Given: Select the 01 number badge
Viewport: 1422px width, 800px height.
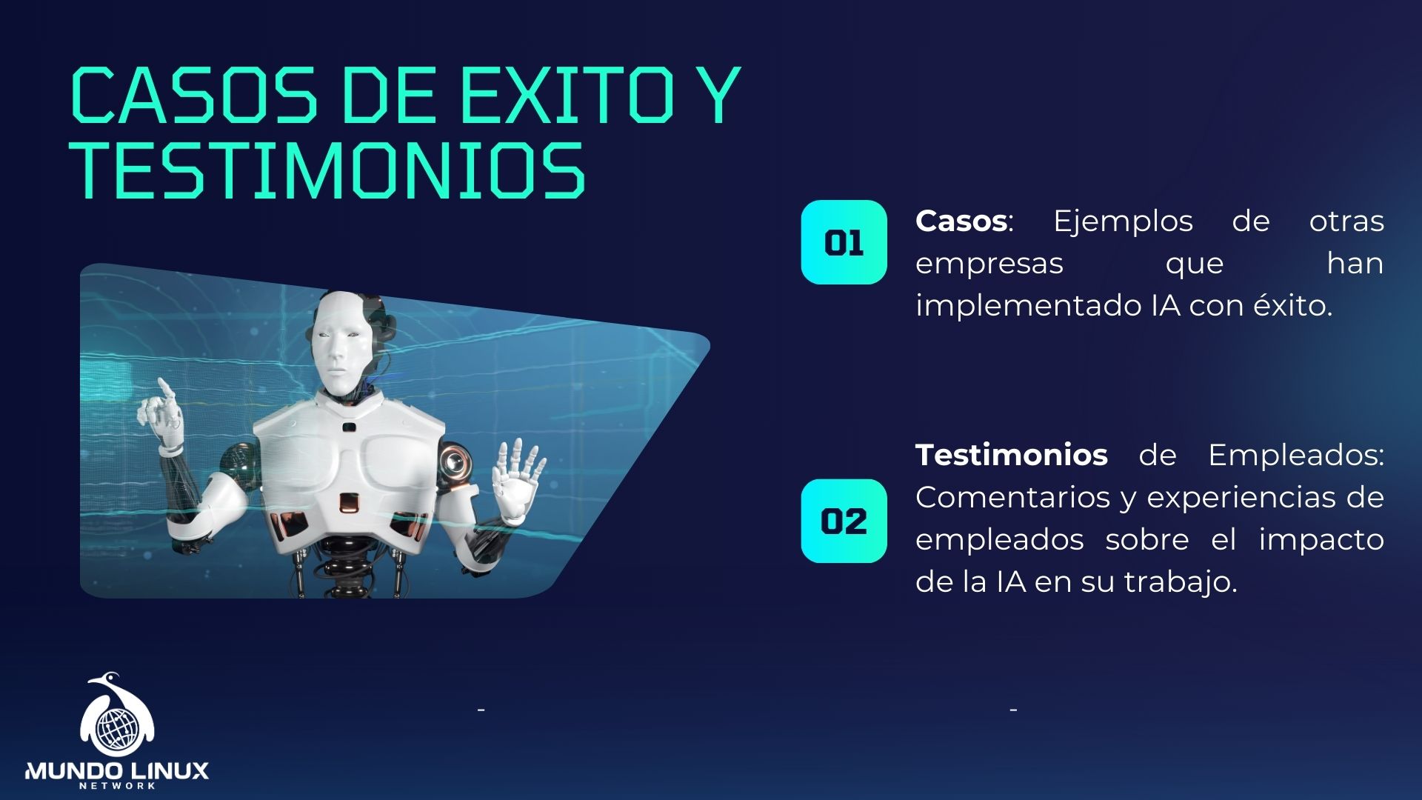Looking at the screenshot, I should [844, 242].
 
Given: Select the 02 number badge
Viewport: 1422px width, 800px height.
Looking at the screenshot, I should [844, 521].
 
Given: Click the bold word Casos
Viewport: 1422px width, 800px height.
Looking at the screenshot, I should [961, 221].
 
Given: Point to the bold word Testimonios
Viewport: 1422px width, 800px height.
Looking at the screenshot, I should [1011, 455].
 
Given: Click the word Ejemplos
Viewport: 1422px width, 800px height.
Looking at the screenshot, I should [1123, 221].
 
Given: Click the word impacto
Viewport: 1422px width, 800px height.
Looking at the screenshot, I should [1321, 539].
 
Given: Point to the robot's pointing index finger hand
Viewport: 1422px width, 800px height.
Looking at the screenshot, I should [163, 415].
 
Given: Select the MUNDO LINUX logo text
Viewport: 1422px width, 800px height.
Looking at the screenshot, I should [117, 771].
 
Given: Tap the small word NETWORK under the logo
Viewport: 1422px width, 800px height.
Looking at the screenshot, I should [117, 786].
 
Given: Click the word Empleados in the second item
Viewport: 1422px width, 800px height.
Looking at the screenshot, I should [1295, 455].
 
